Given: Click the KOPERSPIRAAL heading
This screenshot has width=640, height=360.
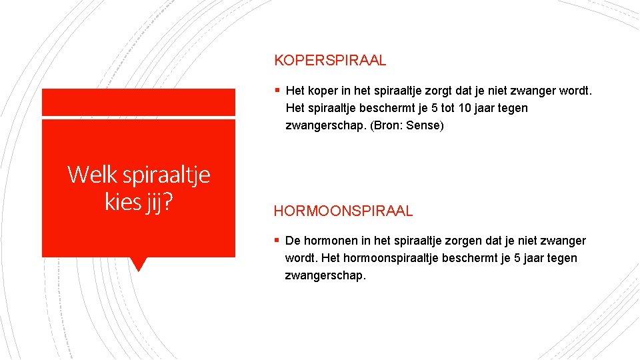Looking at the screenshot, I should (330, 61).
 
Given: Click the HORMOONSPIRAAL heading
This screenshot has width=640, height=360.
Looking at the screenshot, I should (343, 211).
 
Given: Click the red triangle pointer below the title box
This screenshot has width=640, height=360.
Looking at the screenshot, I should (138, 263).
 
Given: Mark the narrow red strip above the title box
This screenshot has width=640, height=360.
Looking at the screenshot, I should (138, 102).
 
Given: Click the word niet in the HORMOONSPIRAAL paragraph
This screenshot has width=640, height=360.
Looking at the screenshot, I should (526, 241).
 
